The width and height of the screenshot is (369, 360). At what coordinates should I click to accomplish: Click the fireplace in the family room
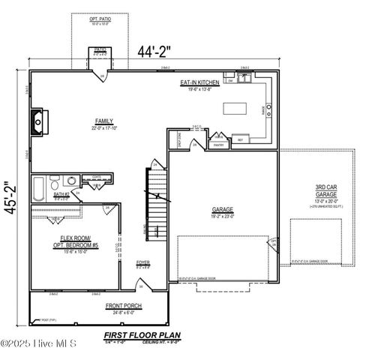37,120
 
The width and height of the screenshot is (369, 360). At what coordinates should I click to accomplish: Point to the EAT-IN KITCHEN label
199,82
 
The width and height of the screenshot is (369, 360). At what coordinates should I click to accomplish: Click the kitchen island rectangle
234,109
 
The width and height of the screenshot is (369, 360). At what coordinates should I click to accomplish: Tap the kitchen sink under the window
244,76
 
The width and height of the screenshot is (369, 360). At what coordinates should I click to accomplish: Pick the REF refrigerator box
241,139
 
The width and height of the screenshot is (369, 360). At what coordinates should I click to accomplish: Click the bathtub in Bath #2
38,187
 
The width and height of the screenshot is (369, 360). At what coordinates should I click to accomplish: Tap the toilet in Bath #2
55,184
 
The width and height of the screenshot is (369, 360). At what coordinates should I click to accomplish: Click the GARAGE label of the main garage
222,212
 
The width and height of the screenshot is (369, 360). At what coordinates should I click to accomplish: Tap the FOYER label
142,263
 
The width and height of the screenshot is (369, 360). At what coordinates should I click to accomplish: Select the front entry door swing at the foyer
140,284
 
